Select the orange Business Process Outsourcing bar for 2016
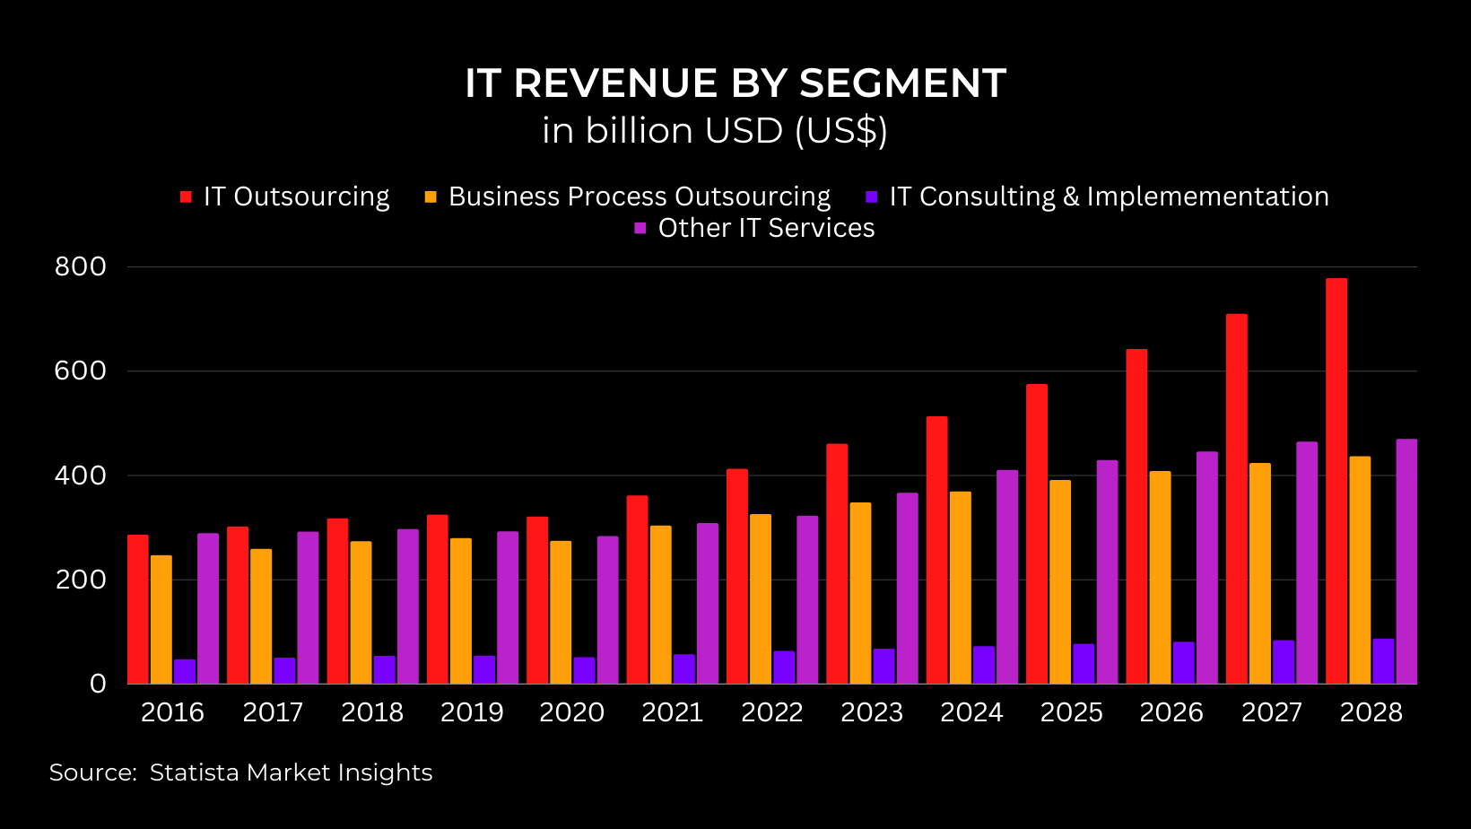[x=161, y=619]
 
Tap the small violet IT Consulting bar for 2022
[x=784, y=668]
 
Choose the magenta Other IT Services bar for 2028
[x=1406, y=561]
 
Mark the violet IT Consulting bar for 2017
[x=284, y=671]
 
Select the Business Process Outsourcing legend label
[x=639, y=196]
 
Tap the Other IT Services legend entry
[x=765, y=228]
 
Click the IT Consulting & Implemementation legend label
[x=1109, y=196]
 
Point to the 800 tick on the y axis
[x=81, y=266]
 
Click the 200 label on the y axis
[x=81, y=580]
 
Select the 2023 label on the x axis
[x=871, y=712]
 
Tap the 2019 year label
[x=472, y=712]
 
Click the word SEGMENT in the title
[x=902, y=83]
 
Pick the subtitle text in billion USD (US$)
[x=715, y=131]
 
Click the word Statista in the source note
[x=194, y=772]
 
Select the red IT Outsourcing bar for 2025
[x=1037, y=534]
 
